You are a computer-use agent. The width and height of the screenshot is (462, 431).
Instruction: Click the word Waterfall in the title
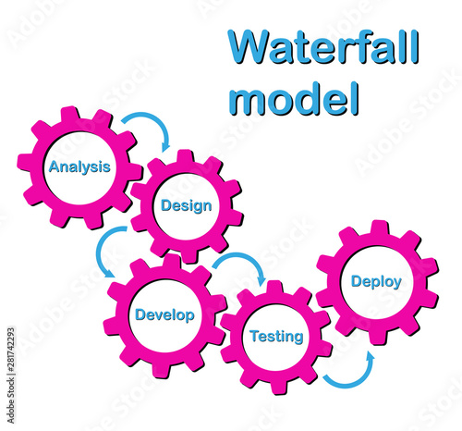point(323,47)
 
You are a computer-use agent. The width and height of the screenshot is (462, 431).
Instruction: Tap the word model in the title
point(294,99)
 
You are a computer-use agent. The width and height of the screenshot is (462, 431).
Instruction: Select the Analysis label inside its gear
point(79,167)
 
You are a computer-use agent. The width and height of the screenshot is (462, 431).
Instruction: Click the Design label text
point(187,206)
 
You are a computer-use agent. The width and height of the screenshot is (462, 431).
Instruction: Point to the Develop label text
point(164,315)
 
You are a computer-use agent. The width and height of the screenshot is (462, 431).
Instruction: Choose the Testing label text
point(276,337)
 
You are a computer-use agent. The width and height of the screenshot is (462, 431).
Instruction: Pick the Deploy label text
point(376,282)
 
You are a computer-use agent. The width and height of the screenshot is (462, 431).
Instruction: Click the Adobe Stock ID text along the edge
point(11,376)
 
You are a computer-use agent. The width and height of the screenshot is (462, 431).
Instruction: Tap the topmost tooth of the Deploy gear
point(380,228)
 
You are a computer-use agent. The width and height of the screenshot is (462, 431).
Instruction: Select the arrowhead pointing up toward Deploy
point(370,358)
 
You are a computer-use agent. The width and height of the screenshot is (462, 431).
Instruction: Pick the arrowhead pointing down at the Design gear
point(166,146)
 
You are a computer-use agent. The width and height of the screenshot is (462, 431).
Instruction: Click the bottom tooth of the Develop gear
point(163,370)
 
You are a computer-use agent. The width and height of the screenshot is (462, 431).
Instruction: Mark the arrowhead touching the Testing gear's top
point(261,280)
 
